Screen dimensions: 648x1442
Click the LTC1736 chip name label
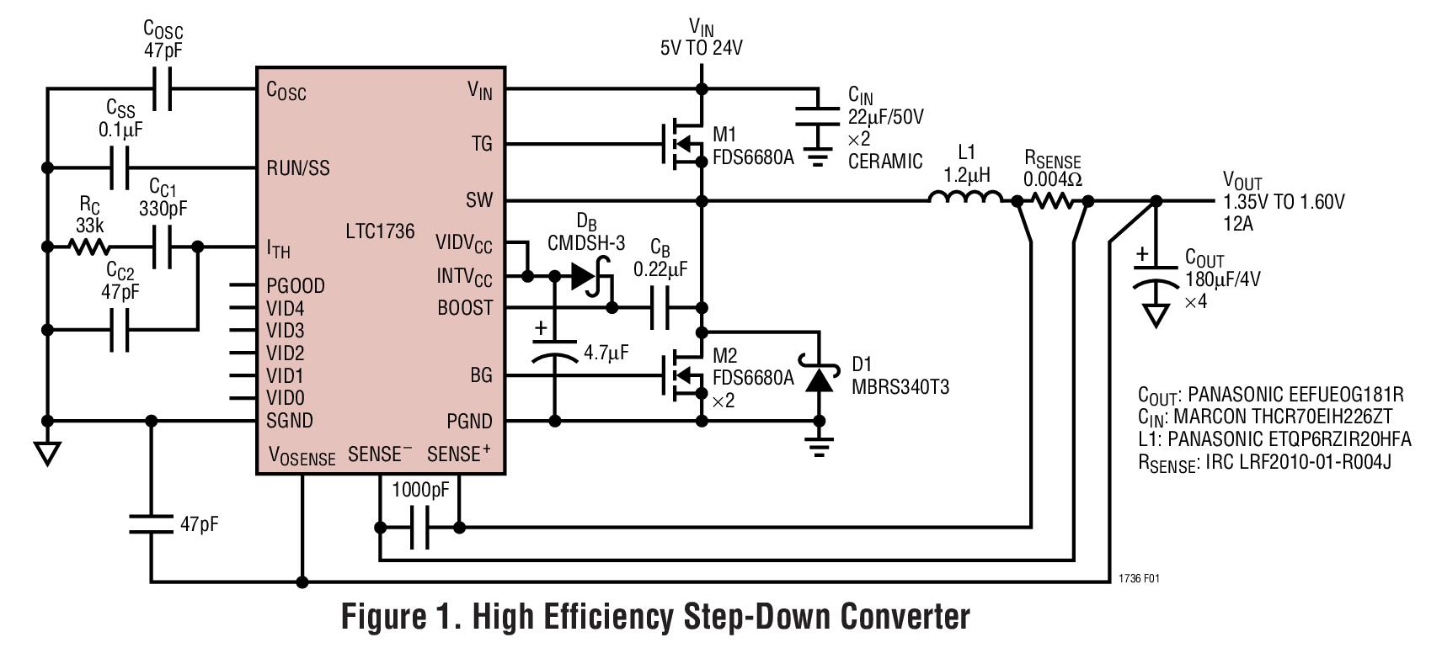point(380,231)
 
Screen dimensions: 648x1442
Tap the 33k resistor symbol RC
point(88,247)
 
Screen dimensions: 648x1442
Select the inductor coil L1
point(965,199)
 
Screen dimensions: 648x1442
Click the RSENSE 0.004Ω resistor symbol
point(1052,200)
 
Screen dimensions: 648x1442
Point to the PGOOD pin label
point(296,286)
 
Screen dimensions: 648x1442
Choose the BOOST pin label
point(465,308)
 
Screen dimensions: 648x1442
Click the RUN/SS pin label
point(298,168)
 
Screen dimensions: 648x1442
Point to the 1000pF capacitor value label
point(420,491)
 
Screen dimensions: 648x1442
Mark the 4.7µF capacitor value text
point(606,353)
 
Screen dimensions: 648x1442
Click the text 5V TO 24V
point(701,48)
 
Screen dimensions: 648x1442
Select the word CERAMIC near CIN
point(884,162)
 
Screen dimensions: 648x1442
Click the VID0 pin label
point(286,398)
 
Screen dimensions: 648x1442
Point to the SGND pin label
point(290,421)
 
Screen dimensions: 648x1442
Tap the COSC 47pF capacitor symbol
point(163,88)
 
